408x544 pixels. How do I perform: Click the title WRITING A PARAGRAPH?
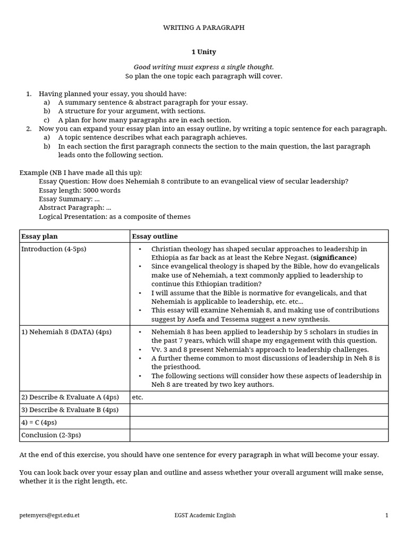(x=203, y=28)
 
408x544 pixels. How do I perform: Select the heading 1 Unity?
(x=203, y=52)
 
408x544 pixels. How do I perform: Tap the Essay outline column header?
(x=155, y=236)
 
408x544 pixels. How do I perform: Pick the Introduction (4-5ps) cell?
(x=53, y=249)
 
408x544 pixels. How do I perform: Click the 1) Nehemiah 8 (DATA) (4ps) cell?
(x=66, y=332)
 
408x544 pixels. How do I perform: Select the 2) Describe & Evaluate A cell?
(x=70, y=397)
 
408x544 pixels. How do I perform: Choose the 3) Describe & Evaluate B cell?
(x=70, y=410)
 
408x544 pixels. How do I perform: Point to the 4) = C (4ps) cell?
(x=39, y=422)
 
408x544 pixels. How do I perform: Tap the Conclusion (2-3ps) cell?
(x=50, y=435)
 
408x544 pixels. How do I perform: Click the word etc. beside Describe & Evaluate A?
(x=138, y=397)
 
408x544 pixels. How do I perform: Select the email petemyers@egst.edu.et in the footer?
(x=49, y=515)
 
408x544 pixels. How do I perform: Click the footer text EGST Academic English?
(x=205, y=515)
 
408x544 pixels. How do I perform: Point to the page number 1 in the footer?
(x=387, y=515)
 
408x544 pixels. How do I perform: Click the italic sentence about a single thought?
(x=203, y=67)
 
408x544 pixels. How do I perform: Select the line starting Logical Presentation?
(x=114, y=217)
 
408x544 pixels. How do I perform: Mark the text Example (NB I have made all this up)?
(x=81, y=173)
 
